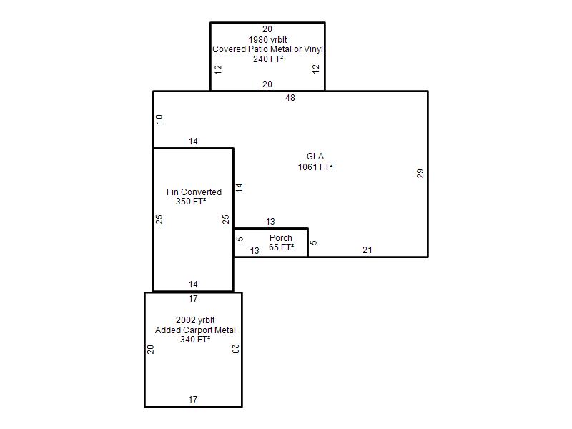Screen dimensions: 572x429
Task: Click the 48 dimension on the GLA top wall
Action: tap(290, 98)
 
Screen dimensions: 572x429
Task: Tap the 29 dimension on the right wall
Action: tap(420, 173)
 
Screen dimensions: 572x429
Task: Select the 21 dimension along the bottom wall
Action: tap(367, 250)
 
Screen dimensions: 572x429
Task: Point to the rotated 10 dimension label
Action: tap(159, 119)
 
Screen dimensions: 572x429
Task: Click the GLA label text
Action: tap(315, 157)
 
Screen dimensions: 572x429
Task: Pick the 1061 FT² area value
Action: tap(315, 167)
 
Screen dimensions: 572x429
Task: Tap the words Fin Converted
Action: tap(194, 192)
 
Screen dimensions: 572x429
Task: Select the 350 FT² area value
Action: tap(191, 202)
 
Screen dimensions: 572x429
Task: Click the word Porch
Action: tap(280, 238)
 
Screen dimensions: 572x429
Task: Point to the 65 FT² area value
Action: tap(281, 247)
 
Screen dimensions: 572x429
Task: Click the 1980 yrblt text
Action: tap(267, 40)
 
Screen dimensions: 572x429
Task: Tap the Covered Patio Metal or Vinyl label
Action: tap(267, 49)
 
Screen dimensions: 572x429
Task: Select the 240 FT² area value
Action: tap(268, 59)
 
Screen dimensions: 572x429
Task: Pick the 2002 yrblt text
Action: tap(195, 320)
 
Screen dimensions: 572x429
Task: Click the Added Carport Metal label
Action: tap(195, 330)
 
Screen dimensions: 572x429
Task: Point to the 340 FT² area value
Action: tap(195, 340)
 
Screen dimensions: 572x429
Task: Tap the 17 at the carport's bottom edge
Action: tap(193, 400)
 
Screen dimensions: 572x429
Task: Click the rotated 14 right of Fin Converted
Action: tap(239, 188)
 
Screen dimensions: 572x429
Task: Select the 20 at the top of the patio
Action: tap(267, 29)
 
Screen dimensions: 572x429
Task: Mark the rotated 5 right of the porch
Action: tap(313, 242)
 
